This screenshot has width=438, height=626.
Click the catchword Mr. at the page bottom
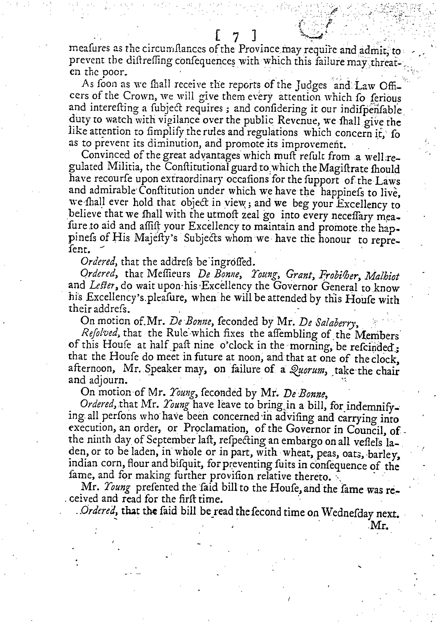(379, 527)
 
